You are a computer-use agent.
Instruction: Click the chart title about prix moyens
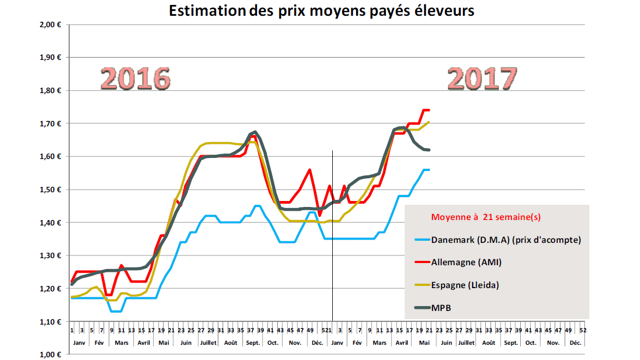(x=321, y=11)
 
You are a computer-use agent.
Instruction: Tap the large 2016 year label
(x=136, y=79)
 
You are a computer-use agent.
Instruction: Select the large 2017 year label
(x=481, y=79)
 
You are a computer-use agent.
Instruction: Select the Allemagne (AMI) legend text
(x=466, y=262)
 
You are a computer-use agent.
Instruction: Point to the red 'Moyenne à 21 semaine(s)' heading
(x=486, y=217)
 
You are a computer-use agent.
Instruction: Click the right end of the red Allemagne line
(x=429, y=110)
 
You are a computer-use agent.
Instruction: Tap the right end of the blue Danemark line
(x=429, y=170)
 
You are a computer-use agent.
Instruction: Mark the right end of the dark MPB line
(x=429, y=150)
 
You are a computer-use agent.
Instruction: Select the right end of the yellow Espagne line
(x=429, y=122)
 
